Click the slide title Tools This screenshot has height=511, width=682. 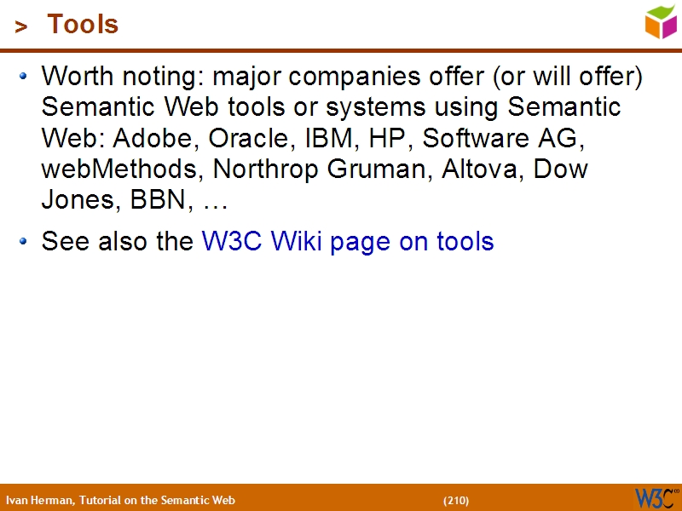coord(83,25)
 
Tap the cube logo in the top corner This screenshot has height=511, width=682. coord(661,21)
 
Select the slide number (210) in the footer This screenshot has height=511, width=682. coord(456,500)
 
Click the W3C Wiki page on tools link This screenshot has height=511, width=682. coord(348,242)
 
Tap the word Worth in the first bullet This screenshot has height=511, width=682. coord(78,77)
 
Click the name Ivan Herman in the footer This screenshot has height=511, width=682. coord(39,500)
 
